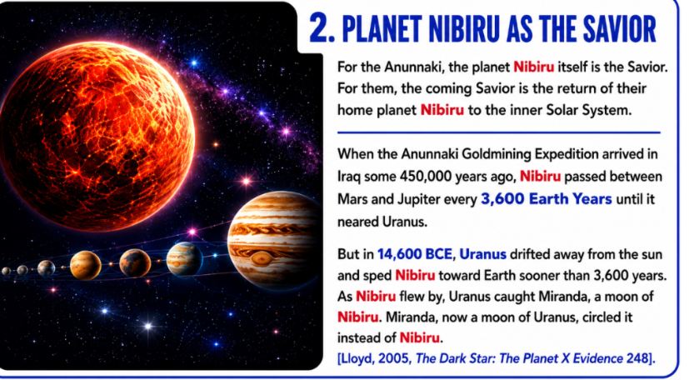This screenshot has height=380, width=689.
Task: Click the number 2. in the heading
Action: [x=322, y=29]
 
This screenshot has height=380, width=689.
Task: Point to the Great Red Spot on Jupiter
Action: [x=262, y=257]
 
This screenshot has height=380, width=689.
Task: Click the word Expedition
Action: [x=566, y=154]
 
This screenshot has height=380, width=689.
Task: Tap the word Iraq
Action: [x=348, y=177]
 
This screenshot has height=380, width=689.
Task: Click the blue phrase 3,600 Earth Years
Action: [x=547, y=199]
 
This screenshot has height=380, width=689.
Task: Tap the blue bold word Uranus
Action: [x=482, y=254]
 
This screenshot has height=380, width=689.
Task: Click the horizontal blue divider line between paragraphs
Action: [x=499, y=132]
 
